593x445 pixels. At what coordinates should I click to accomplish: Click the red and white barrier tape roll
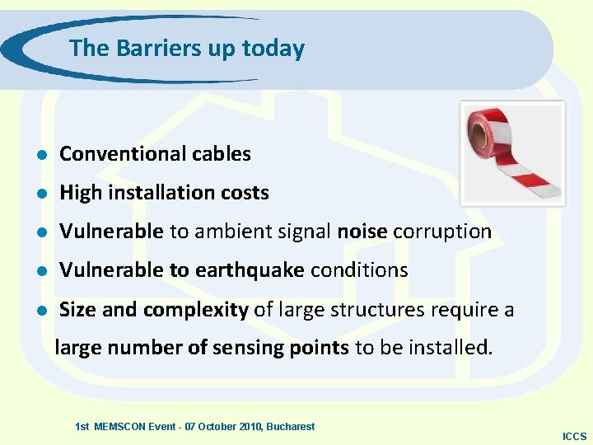coord(511,152)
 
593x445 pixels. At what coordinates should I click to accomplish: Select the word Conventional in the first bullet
coord(124,154)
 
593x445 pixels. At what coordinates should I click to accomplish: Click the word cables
coord(222,154)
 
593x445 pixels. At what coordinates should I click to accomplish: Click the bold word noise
coord(362,232)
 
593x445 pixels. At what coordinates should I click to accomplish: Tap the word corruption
coord(442,232)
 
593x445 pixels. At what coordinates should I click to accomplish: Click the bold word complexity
coord(196,310)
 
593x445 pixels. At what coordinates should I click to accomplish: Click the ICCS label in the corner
coord(574,436)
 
